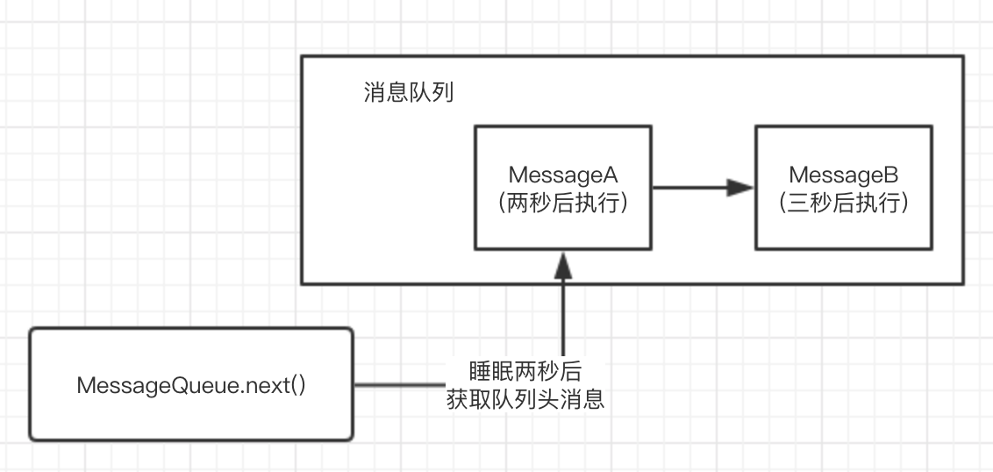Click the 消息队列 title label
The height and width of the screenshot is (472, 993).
click(408, 92)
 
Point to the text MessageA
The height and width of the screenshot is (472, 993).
click(562, 175)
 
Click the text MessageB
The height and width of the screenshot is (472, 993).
click(843, 175)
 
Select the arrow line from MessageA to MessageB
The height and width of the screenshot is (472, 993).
click(693, 187)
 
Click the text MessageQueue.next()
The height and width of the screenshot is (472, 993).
click(191, 386)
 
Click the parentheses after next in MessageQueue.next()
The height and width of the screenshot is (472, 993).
click(296, 386)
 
